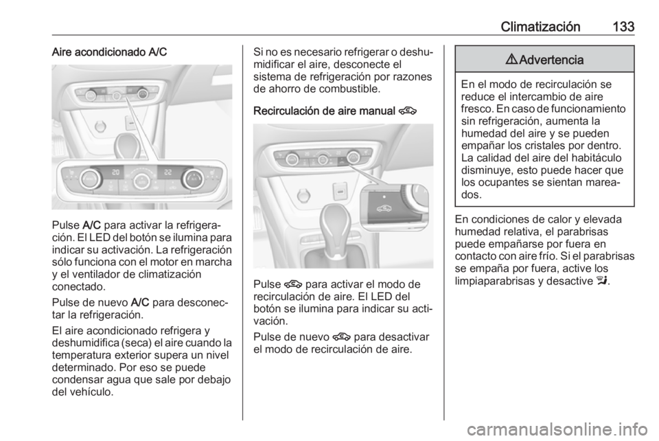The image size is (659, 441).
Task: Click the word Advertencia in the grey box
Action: [x=551, y=60]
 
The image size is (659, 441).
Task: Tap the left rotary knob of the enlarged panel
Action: [x=90, y=180]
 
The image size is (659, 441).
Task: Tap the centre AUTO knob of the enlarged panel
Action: [x=141, y=181]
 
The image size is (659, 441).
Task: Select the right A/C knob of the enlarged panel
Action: [x=192, y=180]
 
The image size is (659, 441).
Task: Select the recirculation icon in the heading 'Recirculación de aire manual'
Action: [x=409, y=109]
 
